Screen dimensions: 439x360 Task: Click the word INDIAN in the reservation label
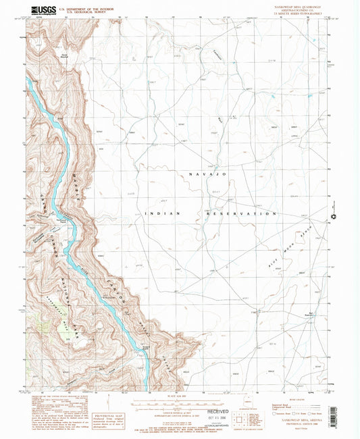(163, 213)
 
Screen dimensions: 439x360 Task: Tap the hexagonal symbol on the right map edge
(333, 217)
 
